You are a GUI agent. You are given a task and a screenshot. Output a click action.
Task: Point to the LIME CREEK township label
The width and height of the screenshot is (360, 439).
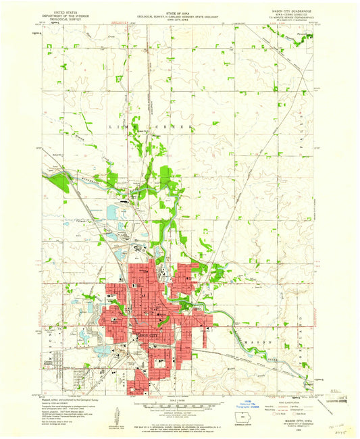(x=157, y=126)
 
